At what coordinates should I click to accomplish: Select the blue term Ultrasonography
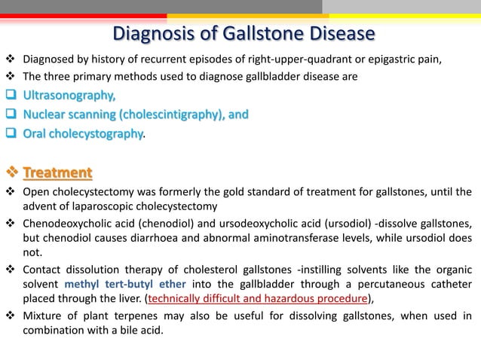tap(69, 96)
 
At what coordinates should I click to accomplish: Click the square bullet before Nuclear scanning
tap(11, 114)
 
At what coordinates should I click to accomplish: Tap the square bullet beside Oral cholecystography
tap(11, 133)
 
